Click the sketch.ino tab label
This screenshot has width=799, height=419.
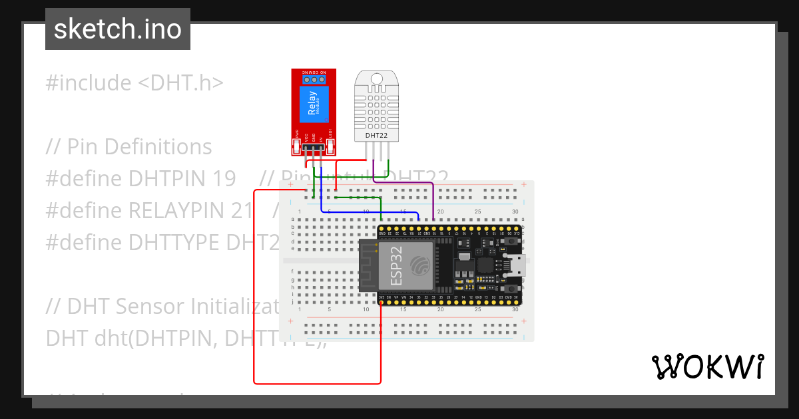point(117,29)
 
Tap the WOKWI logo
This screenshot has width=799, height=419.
point(707,366)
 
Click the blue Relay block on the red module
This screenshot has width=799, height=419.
point(313,104)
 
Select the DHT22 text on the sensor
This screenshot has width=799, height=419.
point(376,136)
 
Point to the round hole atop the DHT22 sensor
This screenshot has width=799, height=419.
point(376,78)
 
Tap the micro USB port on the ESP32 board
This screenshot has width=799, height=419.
point(515,265)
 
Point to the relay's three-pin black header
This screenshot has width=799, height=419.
point(313,148)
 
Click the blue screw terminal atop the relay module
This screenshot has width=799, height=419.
point(313,80)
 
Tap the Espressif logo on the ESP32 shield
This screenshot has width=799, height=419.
point(420,265)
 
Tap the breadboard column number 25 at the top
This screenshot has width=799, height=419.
point(477,211)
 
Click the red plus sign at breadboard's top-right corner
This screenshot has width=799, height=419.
point(524,184)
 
